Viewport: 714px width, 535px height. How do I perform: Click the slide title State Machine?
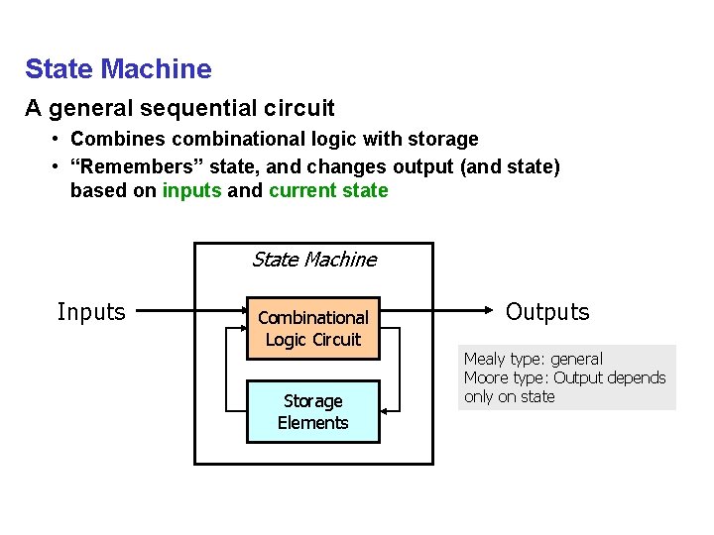(118, 69)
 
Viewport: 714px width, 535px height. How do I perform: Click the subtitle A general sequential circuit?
(179, 108)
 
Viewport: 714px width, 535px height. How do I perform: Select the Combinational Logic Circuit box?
(312, 328)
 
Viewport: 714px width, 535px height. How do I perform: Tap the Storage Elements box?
(312, 411)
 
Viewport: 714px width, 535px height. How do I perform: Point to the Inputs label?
(91, 312)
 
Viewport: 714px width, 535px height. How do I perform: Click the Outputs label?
(547, 312)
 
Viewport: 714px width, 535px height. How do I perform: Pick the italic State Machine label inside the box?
(313, 260)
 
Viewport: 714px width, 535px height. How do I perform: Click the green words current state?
(328, 191)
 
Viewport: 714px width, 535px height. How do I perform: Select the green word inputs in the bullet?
(191, 191)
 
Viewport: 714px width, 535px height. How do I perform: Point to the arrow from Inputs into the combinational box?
(188, 312)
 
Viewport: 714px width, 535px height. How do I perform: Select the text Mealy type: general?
(533, 359)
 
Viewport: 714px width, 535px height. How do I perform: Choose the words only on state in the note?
(509, 396)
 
